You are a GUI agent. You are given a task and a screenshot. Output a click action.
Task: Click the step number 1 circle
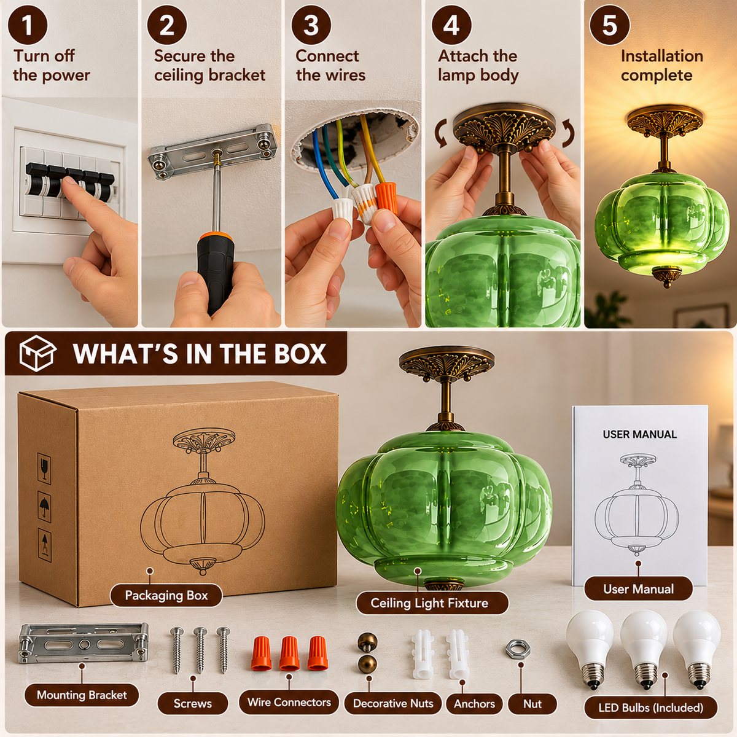coord(28,25)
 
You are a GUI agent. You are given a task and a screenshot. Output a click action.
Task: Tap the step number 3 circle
coord(311,25)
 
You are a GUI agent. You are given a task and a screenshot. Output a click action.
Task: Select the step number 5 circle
coord(609,25)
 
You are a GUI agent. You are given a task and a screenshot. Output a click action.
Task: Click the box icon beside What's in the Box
coord(37,353)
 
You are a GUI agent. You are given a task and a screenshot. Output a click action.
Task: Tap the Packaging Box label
coord(166,596)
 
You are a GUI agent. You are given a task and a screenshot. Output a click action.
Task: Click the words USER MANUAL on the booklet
coord(639,434)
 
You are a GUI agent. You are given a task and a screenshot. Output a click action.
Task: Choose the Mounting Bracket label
coord(82,695)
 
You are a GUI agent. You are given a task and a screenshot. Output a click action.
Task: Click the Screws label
coord(193,703)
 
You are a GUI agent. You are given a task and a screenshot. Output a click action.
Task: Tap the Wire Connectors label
coord(289,702)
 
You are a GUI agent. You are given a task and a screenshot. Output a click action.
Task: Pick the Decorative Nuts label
coord(393,703)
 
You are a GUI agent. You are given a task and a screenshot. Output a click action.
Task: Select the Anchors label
coord(474,704)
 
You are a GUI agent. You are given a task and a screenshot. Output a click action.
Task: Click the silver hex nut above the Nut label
coord(518,649)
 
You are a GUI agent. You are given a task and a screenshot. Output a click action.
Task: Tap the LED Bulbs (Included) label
coord(650,708)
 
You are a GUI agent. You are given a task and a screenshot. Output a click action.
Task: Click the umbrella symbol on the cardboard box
coord(44,506)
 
